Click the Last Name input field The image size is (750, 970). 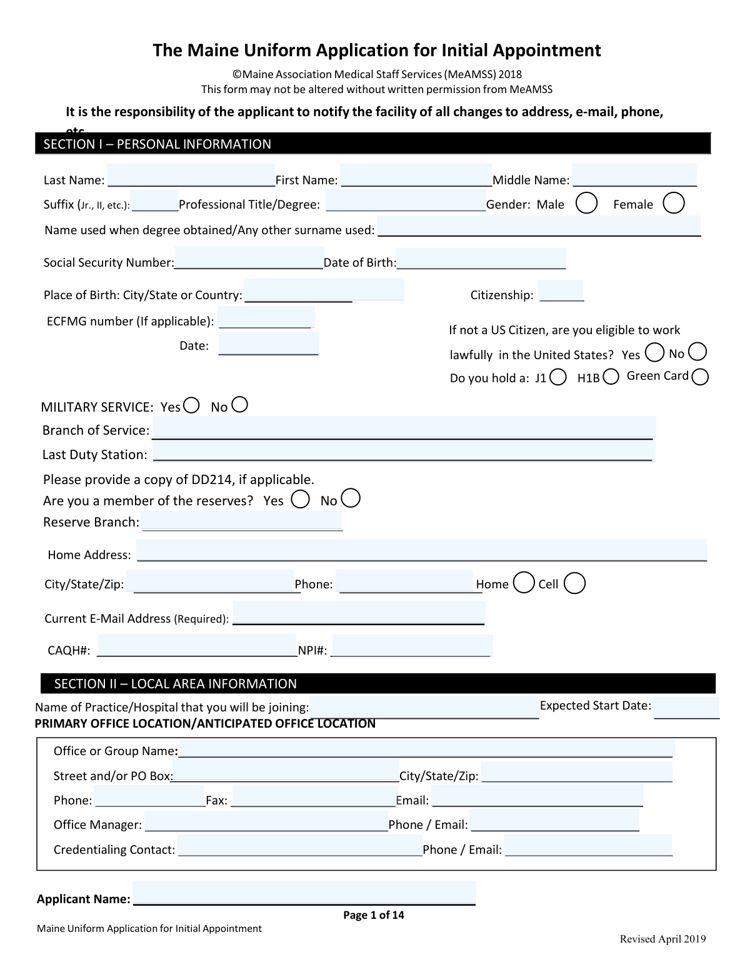coord(191,176)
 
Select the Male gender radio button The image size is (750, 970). coord(586,203)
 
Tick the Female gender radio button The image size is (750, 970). coord(673,203)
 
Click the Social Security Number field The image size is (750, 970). coord(249,258)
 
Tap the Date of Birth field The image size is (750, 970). coord(481,259)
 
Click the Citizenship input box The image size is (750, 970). coord(561,291)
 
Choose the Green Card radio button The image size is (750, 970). coord(701,377)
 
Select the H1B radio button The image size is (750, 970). coord(611,377)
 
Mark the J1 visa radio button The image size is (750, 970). coord(559,377)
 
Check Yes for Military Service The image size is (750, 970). coord(192,405)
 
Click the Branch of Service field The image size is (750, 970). coord(404,427)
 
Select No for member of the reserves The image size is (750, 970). coord(351,498)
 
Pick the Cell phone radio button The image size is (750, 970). coord(574,583)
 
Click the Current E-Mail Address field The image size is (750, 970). coord(359,613)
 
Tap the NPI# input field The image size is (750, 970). coord(412,646)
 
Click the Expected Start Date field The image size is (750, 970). coord(686,708)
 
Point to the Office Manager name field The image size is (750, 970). coord(266,821)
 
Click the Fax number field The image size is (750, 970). coord(314,797)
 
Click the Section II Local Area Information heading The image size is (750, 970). coord(176,684)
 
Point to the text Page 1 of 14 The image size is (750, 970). coord(374,915)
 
